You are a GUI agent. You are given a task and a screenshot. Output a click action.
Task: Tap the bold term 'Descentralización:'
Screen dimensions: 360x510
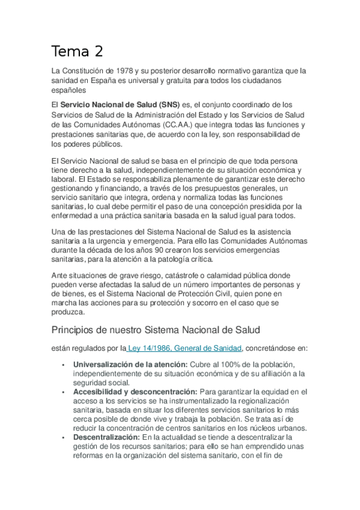click(x=106, y=437)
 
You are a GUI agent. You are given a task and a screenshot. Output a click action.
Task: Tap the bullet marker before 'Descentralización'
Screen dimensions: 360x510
click(x=63, y=437)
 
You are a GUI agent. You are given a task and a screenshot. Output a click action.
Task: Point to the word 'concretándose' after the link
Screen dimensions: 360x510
click(x=270, y=348)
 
